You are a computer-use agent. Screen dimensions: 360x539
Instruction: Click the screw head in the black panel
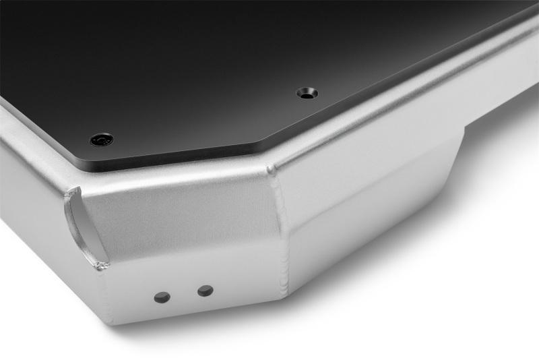(101, 140)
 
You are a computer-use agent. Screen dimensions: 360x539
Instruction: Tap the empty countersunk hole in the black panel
(307, 93)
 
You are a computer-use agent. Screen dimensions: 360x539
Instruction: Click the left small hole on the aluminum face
(162, 297)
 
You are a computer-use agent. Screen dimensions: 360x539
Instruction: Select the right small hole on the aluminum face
(205, 291)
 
